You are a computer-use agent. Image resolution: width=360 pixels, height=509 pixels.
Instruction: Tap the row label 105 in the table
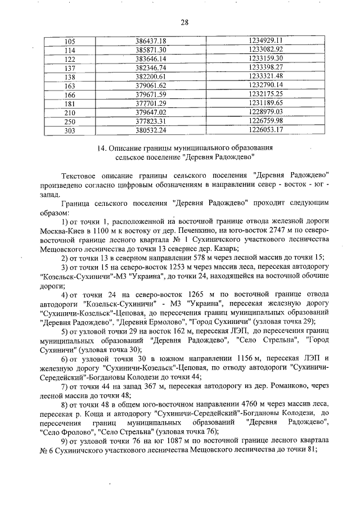pos(70,41)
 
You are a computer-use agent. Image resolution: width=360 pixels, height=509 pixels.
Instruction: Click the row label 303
pos(70,129)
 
